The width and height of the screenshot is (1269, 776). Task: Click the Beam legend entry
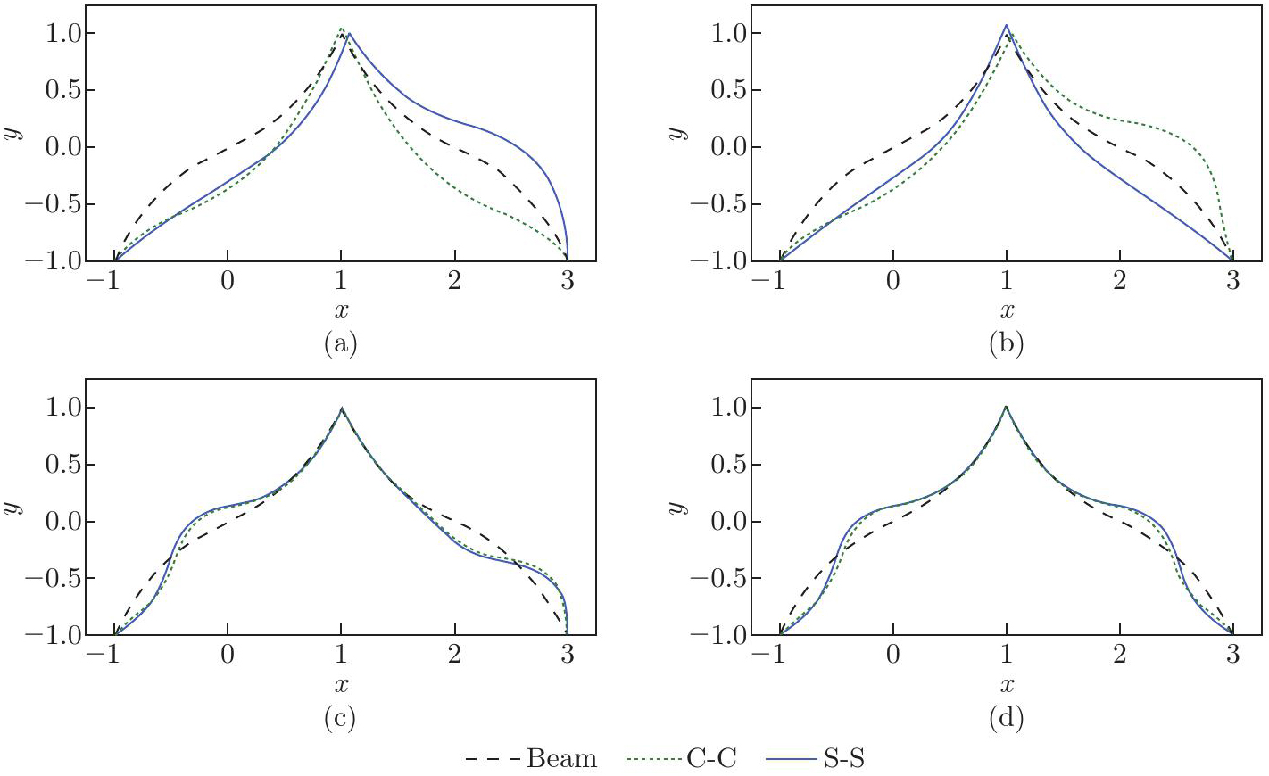(561, 759)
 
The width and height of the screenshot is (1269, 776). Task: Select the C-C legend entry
(710, 759)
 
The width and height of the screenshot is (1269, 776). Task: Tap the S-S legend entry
(843, 759)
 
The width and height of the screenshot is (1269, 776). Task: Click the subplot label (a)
(341, 343)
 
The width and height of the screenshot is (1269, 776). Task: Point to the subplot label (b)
(1007, 343)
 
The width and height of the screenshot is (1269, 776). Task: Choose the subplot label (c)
(341, 717)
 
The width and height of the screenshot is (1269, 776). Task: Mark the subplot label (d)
(1007, 717)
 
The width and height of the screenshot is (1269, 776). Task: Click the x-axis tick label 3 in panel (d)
(1232, 655)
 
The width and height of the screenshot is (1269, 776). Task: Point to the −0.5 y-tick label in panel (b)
(721, 204)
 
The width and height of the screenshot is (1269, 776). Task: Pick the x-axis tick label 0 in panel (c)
(228, 655)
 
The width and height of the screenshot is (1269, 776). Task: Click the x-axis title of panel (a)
(341, 310)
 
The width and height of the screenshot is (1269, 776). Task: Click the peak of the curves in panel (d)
(1006, 407)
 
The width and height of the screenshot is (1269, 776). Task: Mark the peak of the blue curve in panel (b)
(1006, 26)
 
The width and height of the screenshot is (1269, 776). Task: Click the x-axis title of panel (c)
(341, 685)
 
